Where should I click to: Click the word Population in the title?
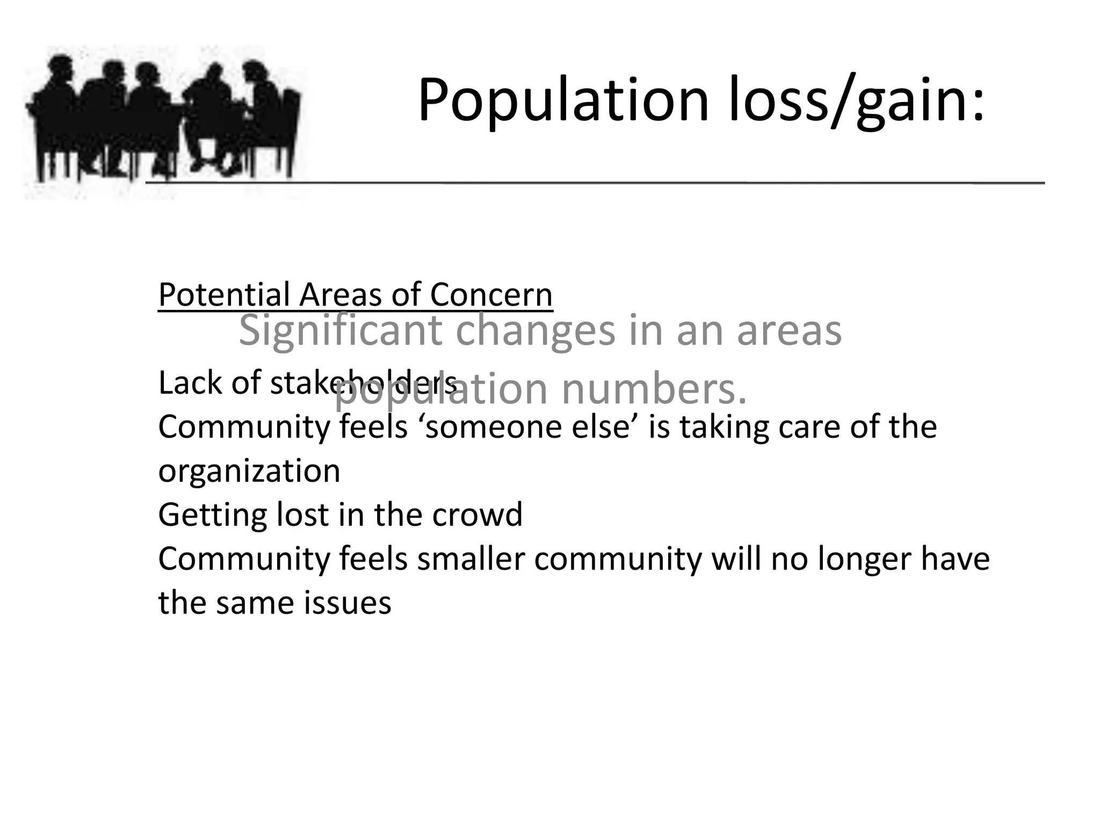(x=563, y=101)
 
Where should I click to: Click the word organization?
(x=249, y=471)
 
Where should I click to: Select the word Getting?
(x=212, y=515)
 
